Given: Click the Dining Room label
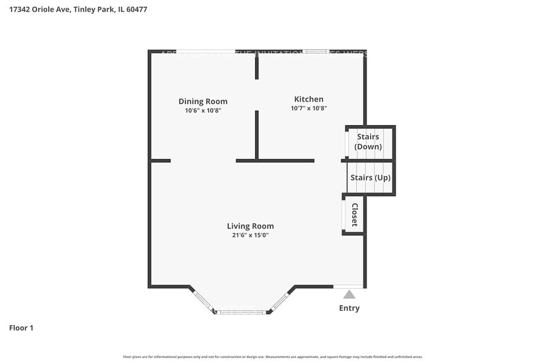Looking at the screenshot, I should point(203,102).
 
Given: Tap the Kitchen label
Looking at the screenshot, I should point(308,99).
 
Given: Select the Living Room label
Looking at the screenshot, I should point(250,226).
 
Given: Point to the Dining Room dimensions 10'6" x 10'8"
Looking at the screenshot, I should point(203,111).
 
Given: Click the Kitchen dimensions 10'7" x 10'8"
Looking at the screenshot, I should point(308,108).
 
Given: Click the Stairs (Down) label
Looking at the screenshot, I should point(368,142).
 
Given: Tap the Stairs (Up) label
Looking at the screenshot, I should point(370,178).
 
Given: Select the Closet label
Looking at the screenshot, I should point(355,215).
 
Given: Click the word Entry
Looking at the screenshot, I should point(349,308).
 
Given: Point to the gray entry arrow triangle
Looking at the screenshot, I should point(350,294).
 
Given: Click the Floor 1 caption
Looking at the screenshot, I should point(21,328).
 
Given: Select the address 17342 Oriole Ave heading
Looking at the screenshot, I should point(77,10).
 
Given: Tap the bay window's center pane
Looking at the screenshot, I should point(240,312).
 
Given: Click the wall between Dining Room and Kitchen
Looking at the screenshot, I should point(257,135).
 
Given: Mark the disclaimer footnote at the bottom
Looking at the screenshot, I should point(273,357).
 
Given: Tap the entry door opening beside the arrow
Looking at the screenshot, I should point(349,287).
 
